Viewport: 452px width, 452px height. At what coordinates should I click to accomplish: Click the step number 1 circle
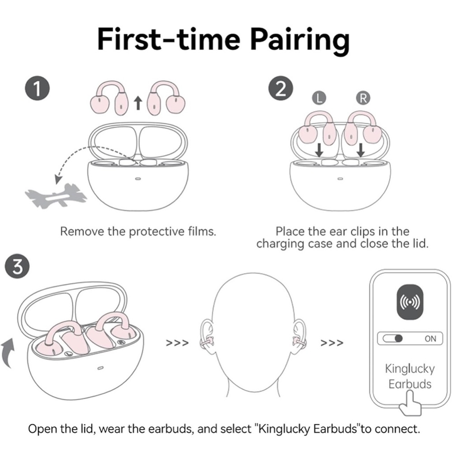tap(38, 88)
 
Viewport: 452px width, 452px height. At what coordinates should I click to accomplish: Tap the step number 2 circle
tap(281, 88)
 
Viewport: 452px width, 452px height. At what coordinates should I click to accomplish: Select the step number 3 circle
tap(17, 266)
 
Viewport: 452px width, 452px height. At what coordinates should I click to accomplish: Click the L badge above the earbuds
tap(319, 98)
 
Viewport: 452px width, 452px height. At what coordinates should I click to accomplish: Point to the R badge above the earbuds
tap(363, 98)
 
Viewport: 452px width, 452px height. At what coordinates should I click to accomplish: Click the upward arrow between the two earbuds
tap(138, 103)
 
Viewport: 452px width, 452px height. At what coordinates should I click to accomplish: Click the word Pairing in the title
tap(300, 40)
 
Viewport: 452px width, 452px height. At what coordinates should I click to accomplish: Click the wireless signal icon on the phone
tap(410, 302)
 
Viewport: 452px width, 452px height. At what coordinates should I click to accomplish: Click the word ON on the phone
tap(430, 339)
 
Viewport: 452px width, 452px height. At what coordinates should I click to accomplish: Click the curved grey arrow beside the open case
tap(8, 353)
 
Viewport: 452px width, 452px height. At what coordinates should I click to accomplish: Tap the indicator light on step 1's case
tap(138, 179)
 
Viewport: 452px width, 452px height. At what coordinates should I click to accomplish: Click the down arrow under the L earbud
tap(319, 150)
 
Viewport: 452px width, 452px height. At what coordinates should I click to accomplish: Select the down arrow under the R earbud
tap(361, 150)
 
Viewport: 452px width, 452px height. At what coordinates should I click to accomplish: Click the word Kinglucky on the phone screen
tap(410, 369)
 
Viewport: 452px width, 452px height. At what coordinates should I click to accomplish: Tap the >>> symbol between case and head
tap(177, 343)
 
